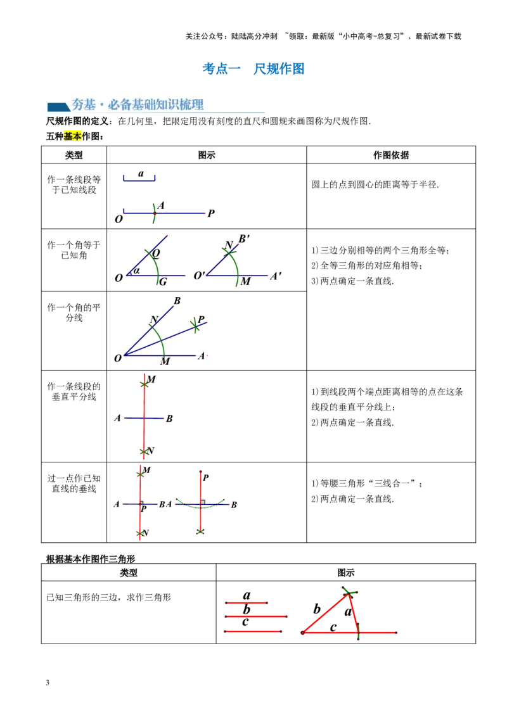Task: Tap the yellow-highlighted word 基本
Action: [x=73, y=136]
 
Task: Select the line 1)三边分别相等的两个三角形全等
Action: [x=382, y=251]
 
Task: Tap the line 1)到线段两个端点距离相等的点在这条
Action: [x=387, y=392]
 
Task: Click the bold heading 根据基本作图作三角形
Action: [x=91, y=559]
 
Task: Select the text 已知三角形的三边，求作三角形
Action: [x=109, y=597]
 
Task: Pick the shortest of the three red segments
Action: [x=247, y=603]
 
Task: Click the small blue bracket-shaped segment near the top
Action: [x=139, y=179]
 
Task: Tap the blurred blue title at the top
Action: [x=253, y=68]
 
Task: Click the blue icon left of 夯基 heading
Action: [x=58, y=106]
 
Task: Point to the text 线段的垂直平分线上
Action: [x=352, y=407]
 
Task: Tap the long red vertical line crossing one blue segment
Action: [x=144, y=415]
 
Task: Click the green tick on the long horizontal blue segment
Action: [x=154, y=213]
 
